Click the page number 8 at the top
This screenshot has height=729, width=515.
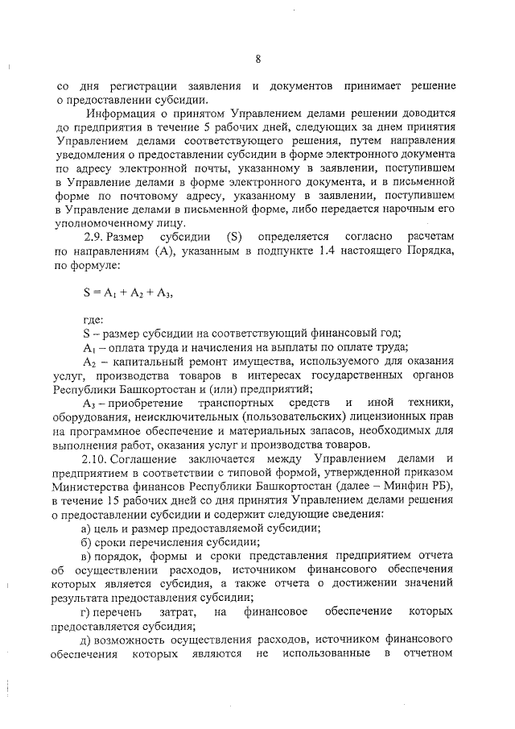coord(257,58)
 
